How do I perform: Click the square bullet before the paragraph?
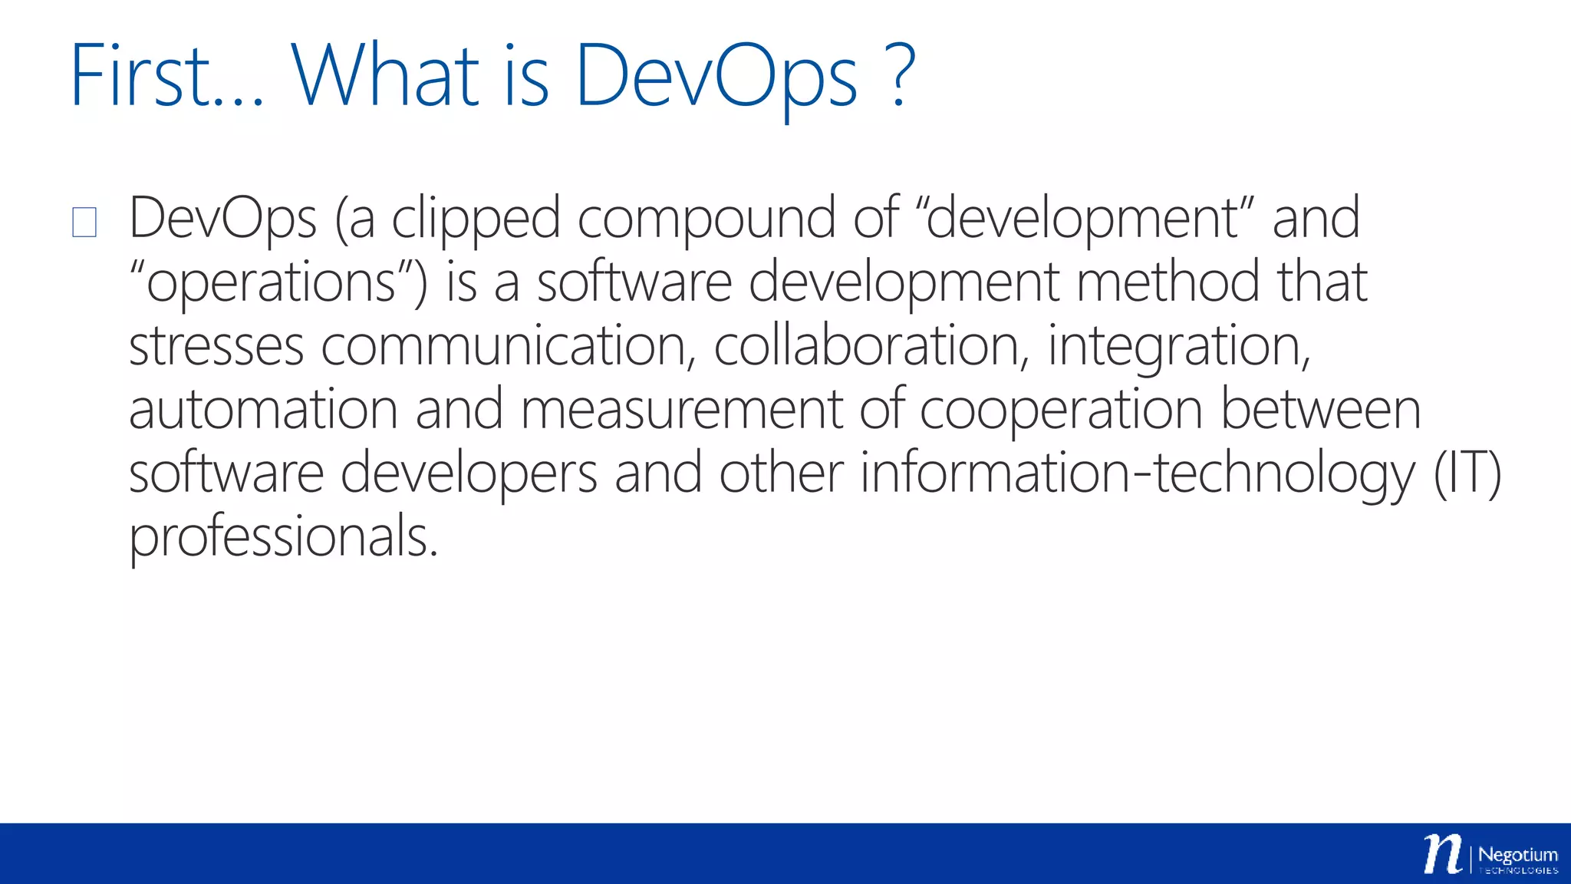point(84,223)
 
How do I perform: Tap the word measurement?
point(681,410)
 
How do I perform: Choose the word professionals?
point(283,537)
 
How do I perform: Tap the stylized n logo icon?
point(1443,853)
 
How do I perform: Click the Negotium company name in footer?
point(1517,855)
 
